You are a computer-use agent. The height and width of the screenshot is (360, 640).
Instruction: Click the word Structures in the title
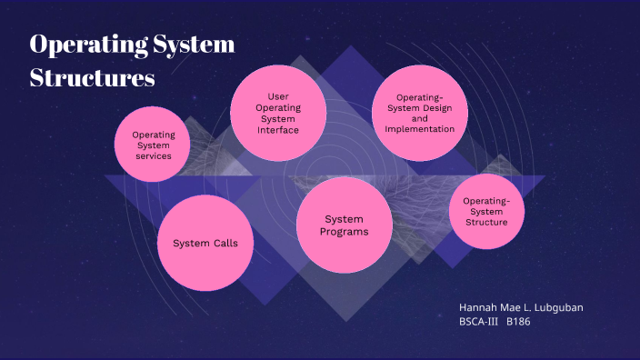click(92, 78)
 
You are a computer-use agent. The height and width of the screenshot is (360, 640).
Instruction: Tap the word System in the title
click(195, 45)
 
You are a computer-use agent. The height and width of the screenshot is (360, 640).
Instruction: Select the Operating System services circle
click(154, 145)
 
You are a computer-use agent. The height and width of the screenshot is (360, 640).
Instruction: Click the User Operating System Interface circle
click(278, 113)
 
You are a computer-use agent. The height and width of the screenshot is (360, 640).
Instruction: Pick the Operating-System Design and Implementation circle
click(419, 113)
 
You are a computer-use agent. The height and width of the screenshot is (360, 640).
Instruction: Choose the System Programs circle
click(344, 225)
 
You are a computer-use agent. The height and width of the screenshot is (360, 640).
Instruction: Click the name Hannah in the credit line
click(480, 307)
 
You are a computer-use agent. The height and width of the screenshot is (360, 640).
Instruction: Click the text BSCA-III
click(479, 322)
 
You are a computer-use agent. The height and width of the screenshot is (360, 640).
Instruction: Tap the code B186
click(519, 322)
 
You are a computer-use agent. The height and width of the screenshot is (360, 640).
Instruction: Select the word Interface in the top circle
click(278, 130)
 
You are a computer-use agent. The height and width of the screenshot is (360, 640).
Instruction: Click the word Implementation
click(419, 129)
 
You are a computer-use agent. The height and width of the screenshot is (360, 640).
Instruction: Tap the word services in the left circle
click(154, 155)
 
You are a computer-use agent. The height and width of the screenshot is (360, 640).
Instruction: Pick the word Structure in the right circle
click(486, 221)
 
